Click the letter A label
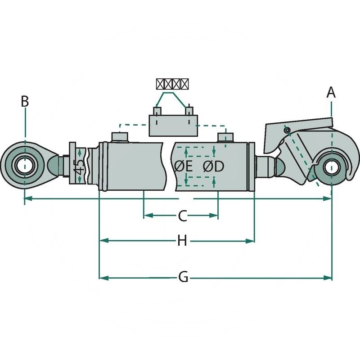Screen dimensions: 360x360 (x=331, y=92)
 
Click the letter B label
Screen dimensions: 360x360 (x=25, y=101)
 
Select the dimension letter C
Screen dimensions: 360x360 (x=181, y=216)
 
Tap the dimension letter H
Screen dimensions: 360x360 (x=181, y=242)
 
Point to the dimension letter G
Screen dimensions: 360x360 (x=183, y=278)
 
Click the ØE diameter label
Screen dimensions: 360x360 (x=183, y=166)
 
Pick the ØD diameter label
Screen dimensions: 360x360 (x=213, y=166)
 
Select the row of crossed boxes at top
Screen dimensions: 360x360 (x=172, y=84)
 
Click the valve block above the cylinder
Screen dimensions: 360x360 (x=173, y=125)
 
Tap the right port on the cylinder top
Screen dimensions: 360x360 (x=225, y=137)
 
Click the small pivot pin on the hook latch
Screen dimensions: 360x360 (x=287, y=130)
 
